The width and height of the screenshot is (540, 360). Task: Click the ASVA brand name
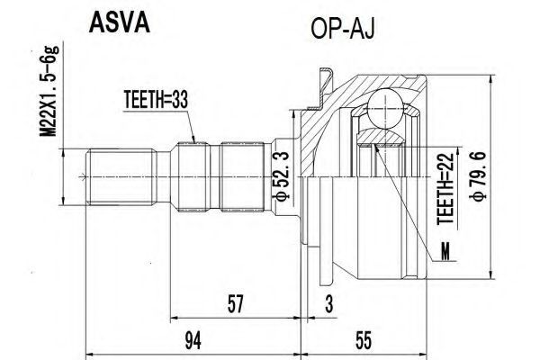click(x=119, y=23)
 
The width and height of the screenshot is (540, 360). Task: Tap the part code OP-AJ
click(x=343, y=29)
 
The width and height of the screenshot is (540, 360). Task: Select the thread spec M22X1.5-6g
click(x=49, y=91)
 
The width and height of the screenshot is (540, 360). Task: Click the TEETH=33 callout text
click(x=156, y=100)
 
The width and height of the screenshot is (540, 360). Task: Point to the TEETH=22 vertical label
click(x=446, y=189)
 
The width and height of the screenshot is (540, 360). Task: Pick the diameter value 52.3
click(x=281, y=175)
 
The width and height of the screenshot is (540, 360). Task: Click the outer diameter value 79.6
click(x=480, y=175)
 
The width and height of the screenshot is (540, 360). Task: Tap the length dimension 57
click(x=236, y=303)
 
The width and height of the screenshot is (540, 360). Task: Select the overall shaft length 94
click(x=193, y=341)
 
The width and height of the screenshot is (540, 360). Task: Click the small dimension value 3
click(x=329, y=303)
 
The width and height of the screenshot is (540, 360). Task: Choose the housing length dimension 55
click(x=364, y=341)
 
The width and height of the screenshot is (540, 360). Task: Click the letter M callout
click(x=445, y=253)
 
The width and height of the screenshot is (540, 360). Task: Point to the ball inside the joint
click(x=385, y=107)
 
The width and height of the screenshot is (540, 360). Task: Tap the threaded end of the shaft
click(x=121, y=177)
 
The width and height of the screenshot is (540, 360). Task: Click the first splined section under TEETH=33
click(x=193, y=177)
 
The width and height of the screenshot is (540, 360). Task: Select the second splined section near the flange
click(x=242, y=177)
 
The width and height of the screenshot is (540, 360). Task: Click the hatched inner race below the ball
click(x=381, y=137)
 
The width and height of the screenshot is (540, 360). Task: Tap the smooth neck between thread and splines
click(x=164, y=177)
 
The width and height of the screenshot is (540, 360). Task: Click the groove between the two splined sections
click(x=215, y=177)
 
